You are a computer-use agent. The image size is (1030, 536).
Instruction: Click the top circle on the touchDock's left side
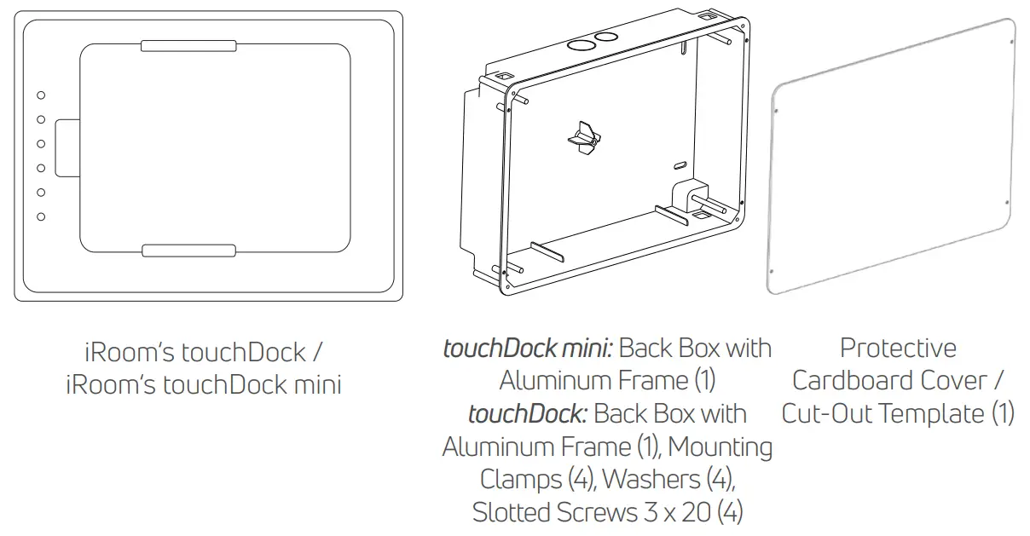coord(41,95)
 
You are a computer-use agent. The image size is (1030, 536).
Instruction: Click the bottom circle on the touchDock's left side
coord(41,217)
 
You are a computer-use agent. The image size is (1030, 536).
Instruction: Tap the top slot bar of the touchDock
coord(188,45)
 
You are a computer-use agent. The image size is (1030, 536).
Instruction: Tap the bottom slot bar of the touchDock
coord(188,251)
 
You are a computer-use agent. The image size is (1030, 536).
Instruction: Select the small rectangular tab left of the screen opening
coord(67,147)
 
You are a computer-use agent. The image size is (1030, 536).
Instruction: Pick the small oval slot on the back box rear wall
coord(680,161)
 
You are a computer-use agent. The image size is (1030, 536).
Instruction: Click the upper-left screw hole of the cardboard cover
coord(777,109)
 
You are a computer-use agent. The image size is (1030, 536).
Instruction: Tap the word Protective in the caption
coord(898,348)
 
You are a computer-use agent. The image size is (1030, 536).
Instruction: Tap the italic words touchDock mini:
coord(528,348)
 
